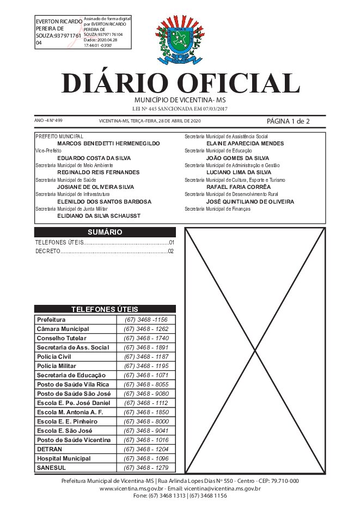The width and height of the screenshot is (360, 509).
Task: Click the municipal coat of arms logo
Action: pyautogui.click(x=180, y=41)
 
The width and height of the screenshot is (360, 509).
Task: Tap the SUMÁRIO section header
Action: pyautogui.click(x=105, y=232)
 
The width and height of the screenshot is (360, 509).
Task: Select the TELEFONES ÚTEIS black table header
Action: pyautogui.click(x=105, y=309)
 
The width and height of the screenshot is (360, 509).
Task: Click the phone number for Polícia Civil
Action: pyautogui.click(x=146, y=357)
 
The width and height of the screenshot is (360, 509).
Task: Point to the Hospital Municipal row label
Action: pyautogui.click(x=64, y=458)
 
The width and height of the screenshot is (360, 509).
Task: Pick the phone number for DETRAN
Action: pyautogui.click(x=146, y=449)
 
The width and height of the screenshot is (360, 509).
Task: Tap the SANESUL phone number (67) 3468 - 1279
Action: pyautogui.click(x=146, y=468)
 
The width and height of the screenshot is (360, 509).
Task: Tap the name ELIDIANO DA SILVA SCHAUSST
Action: pyautogui.click(x=99, y=216)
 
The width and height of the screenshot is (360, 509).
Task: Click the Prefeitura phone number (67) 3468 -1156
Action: pyautogui.click(x=146, y=320)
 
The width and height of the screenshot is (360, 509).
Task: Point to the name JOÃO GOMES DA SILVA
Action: pyautogui.click(x=237, y=157)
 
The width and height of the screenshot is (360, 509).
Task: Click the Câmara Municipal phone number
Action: pyautogui.click(x=146, y=329)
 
